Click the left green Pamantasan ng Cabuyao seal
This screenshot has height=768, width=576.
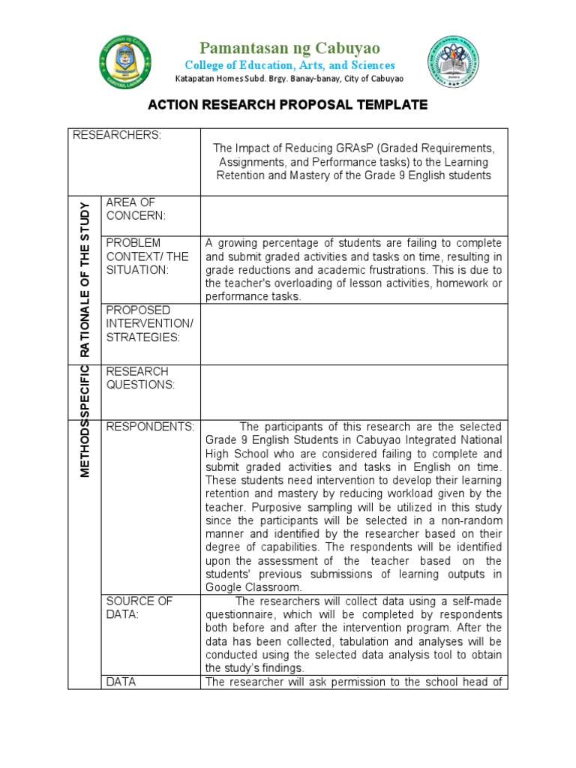124,61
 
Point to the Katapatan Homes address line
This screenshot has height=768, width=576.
289,79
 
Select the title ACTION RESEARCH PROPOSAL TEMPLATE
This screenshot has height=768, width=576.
288,105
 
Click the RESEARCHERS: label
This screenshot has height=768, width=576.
116,135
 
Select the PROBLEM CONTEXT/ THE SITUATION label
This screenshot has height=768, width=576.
147,256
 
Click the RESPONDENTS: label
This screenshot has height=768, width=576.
150,427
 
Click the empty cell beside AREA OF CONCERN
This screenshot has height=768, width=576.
354,216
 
